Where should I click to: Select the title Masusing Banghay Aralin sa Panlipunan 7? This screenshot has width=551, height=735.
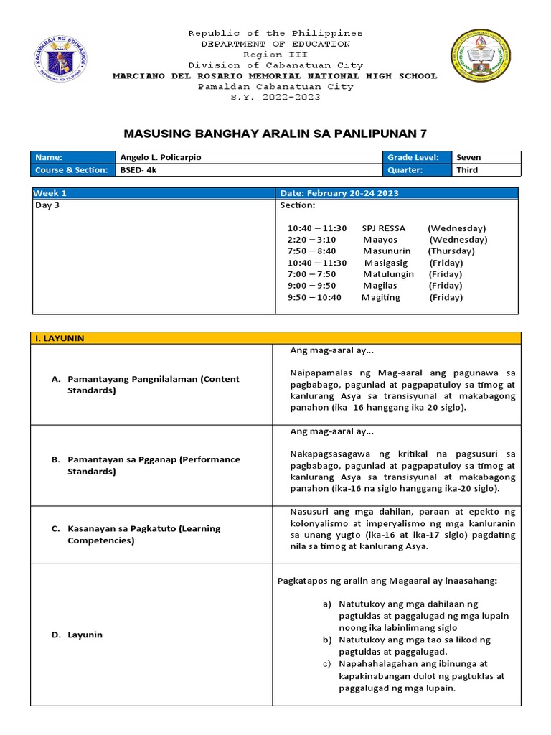coord(275,134)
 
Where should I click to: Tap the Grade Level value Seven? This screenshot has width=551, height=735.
coord(468,157)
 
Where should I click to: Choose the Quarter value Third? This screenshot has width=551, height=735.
coord(467,170)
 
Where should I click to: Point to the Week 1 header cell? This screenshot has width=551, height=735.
coord(51,193)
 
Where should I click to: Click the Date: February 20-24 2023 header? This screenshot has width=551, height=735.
coord(339,193)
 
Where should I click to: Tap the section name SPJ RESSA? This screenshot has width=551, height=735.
coord(385,228)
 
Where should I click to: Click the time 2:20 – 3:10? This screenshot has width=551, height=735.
coord(311,240)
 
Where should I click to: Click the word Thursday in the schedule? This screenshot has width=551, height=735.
coord(452,251)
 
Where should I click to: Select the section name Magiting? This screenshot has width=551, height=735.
coord(381,297)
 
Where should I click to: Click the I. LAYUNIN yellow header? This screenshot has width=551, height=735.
coord(60,338)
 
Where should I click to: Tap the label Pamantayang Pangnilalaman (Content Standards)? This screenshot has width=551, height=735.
coord(153,385)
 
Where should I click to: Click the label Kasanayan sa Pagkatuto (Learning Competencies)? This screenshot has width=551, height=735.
coord(143,534)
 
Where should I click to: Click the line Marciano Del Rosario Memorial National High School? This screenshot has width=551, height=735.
coord(275,75)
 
